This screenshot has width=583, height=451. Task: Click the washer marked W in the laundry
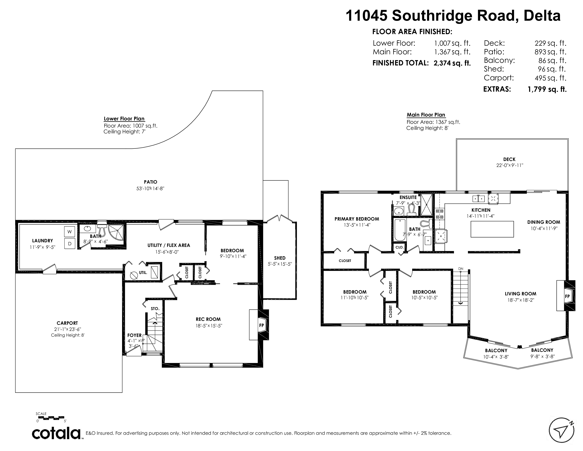[x=69, y=232]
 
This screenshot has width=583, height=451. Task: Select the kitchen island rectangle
[x=492, y=229]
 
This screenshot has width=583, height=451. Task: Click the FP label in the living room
[x=567, y=296]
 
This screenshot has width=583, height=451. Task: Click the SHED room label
[x=280, y=258]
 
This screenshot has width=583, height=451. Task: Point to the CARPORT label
[x=67, y=323]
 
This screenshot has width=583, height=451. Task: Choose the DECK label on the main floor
[x=509, y=159]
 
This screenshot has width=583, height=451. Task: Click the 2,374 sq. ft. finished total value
[x=452, y=63]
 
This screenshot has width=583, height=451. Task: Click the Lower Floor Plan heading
[x=124, y=119]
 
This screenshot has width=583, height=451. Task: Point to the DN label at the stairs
[x=461, y=268]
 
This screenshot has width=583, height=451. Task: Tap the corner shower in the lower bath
[x=116, y=232]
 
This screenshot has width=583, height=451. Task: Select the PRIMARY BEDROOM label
[x=357, y=219]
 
